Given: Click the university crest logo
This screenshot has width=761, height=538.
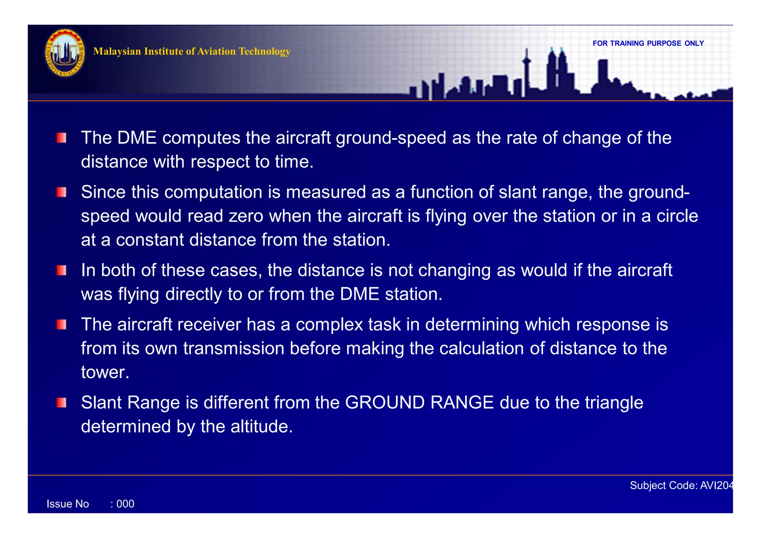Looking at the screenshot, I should (65, 53).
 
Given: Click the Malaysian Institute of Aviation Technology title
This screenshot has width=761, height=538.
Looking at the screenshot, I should (191, 51).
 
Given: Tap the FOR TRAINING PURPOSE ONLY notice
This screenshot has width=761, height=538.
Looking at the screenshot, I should (648, 44).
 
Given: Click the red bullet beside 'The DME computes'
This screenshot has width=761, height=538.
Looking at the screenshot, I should (62, 138).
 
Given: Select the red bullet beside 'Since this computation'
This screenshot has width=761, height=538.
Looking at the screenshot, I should (62, 192).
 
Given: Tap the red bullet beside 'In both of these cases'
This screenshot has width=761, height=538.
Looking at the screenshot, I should (62, 270).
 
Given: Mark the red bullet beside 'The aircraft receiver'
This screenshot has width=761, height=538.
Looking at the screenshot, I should (62, 325).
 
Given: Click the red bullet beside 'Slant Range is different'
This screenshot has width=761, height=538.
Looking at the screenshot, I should (62, 403).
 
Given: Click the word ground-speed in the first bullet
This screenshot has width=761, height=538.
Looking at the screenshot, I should (391, 138).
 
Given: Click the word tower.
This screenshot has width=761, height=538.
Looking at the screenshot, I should (105, 372).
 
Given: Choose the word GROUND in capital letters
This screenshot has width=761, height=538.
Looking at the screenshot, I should (385, 403).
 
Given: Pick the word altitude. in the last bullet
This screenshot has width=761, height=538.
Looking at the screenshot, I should (262, 426).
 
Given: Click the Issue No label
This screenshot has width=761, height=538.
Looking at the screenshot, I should (68, 504).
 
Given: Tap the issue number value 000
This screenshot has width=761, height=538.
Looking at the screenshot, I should (125, 504).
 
